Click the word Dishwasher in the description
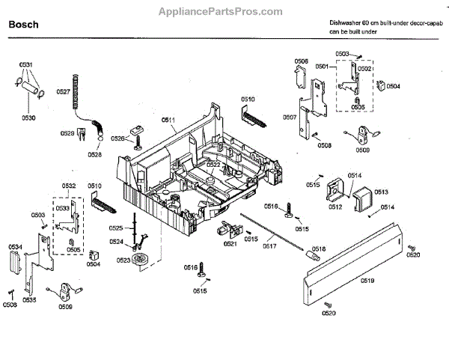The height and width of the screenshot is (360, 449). tap(346, 23)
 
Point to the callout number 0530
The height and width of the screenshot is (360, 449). tap(28, 118)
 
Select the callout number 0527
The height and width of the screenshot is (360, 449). tap(63, 91)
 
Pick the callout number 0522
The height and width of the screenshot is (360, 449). tap(213, 164)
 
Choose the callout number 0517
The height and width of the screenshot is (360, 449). tap(268, 245)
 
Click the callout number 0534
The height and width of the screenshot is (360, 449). tap(15, 246)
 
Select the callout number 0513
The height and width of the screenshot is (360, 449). tap(380, 192)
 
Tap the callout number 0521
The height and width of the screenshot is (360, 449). tap(230, 243)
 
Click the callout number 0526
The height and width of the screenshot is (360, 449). tap(117, 138)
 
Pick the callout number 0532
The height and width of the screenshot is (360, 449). tap(68, 185)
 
